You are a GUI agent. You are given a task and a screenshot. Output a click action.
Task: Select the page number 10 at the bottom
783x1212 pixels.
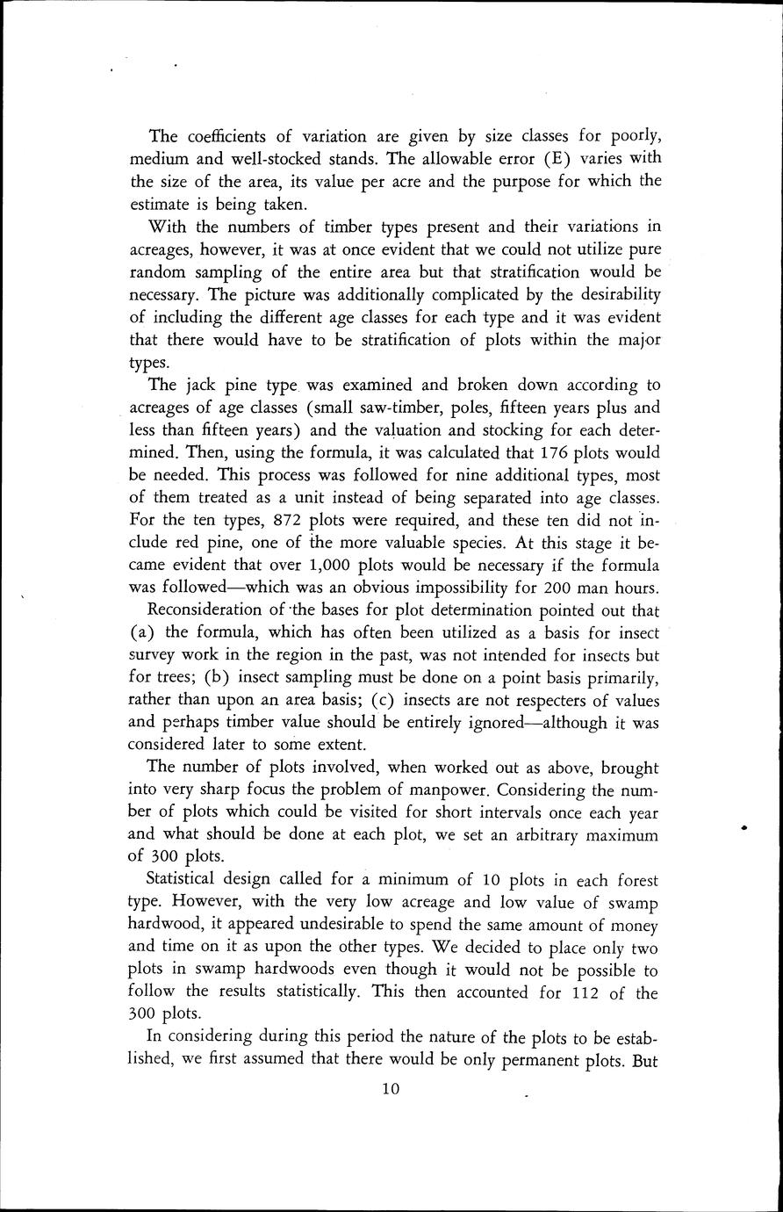pyautogui.click(x=391, y=1089)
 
